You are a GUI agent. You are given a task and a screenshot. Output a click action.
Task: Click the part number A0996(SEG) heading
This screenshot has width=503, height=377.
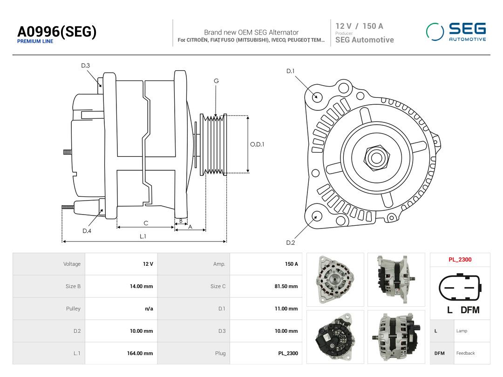[x=57, y=32]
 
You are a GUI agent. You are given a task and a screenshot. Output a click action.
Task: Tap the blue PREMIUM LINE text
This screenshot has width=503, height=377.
[x=35, y=41]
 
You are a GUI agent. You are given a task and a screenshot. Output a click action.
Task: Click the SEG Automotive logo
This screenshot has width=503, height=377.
[x=456, y=32]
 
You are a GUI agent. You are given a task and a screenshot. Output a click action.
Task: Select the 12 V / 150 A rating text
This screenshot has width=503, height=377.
[x=359, y=26]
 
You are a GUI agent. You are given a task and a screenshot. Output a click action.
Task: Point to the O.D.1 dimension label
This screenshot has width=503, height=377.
[x=257, y=145]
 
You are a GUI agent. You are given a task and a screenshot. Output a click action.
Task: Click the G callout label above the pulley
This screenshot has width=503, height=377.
[x=216, y=81]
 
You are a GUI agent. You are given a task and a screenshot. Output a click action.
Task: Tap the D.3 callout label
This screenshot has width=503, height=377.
[x=85, y=66]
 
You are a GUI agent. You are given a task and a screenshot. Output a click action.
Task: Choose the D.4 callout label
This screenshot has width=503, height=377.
[x=87, y=231]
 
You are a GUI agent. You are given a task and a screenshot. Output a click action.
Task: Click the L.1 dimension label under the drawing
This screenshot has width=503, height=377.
[x=143, y=236]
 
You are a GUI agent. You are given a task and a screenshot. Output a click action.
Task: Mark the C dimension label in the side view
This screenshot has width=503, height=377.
[x=146, y=223]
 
